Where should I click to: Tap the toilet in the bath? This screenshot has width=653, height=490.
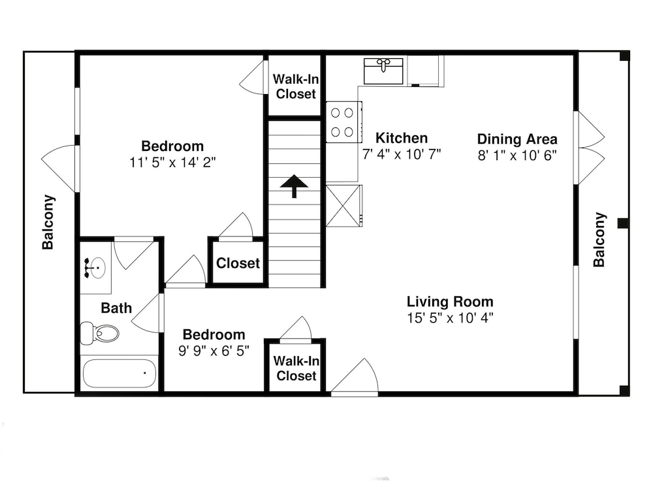click(x=99, y=333)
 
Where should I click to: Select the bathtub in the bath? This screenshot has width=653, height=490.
click(x=119, y=373)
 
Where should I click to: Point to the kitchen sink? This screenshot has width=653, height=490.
click(x=383, y=71)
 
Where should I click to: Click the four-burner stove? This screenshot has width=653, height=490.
click(x=343, y=122)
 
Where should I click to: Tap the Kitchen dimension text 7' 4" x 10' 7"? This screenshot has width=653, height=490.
click(x=402, y=155)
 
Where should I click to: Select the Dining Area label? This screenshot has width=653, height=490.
click(x=517, y=139)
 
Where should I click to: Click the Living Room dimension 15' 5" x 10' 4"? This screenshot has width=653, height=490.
click(x=450, y=318)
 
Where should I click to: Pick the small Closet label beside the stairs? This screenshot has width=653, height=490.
click(x=238, y=263)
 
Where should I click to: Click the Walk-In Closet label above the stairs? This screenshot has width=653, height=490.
click(x=296, y=86)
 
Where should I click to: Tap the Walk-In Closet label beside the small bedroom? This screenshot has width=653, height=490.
click(x=296, y=368)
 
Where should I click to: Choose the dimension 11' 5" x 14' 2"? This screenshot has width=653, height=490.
click(x=172, y=162)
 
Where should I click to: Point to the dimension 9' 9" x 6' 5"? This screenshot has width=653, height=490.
click(x=214, y=351)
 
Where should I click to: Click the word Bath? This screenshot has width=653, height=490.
click(x=116, y=308)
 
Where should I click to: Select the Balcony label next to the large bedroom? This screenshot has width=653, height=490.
click(x=48, y=222)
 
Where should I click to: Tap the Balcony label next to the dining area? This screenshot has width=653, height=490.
click(x=599, y=240)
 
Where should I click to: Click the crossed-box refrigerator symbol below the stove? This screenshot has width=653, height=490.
click(x=343, y=206)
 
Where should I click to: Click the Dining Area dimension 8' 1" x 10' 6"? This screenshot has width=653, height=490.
click(x=517, y=155)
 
